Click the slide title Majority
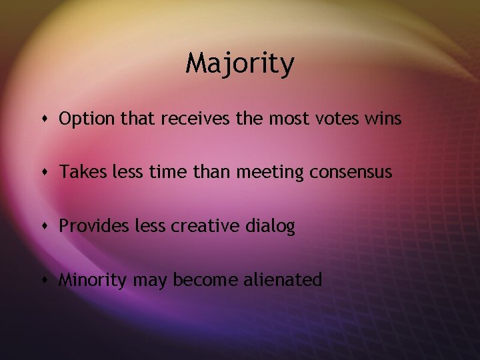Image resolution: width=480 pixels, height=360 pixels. [x=239, y=65]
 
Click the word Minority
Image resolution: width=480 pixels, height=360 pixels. [x=93, y=279]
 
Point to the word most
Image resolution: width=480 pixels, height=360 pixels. [x=289, y=119]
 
